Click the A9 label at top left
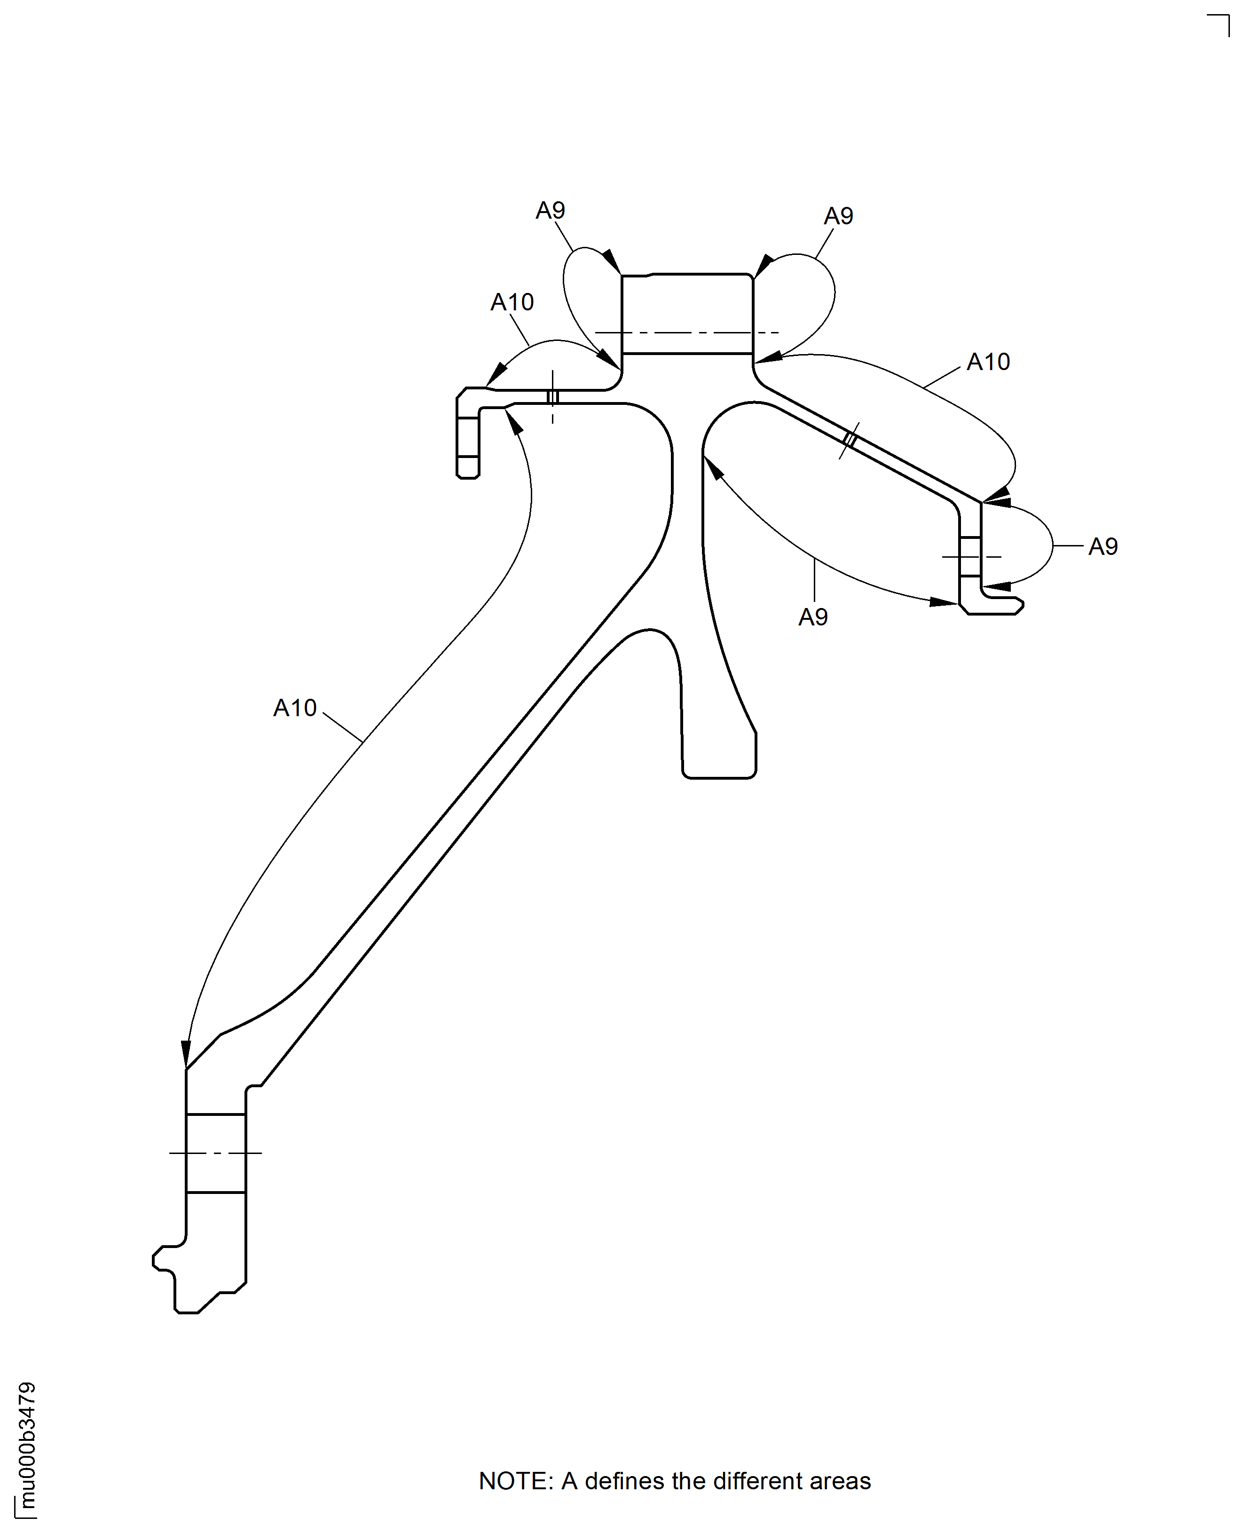(x=551, y=211)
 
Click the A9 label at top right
(x=838, y=216)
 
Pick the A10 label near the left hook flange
(x=512, y=302)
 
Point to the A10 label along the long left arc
(x=294, y=708)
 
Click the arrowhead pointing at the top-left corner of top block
(x=611, y=261)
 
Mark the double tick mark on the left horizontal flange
(x=552, y=396)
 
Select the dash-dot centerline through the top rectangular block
(x=686, y=332)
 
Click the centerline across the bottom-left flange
(x=215, y=1153)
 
